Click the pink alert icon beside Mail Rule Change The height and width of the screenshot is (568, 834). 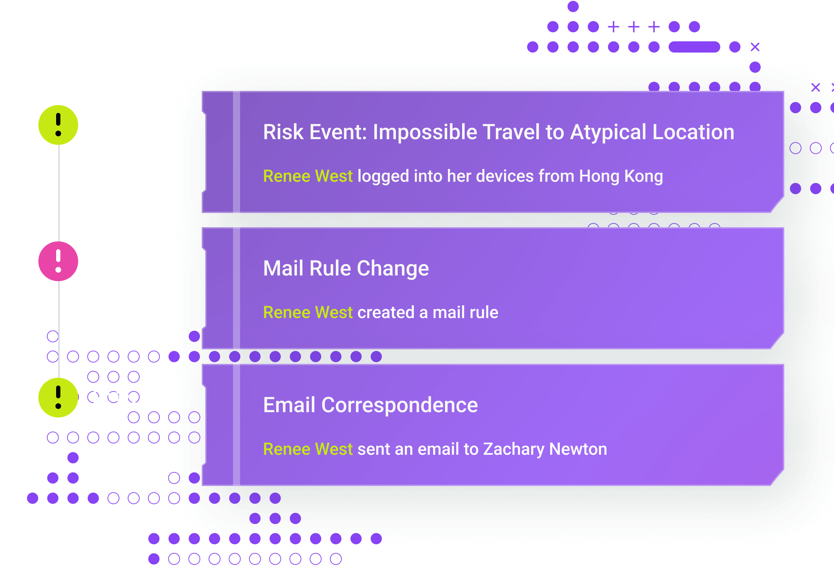click(58, 261)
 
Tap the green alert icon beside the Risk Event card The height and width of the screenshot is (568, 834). click(58, 125)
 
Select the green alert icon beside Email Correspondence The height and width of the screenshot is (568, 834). click(58, 398)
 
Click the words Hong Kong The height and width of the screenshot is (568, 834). click(621, 176)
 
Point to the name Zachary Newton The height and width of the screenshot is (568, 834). click(545, 449)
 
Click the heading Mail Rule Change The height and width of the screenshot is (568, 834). click(346, 269)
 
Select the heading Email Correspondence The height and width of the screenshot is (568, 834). click(370, 405)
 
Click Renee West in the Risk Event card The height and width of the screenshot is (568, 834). click(308, 176)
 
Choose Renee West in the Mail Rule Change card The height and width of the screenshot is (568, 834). click(308, 312)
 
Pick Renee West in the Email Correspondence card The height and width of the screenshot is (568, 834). click(308, 449)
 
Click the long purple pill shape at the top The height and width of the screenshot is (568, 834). click(694, 47)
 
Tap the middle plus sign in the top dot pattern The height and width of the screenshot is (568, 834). click(634, 27)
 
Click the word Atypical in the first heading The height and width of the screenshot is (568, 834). click(608, 132)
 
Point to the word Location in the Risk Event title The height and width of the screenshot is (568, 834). click(693, 132)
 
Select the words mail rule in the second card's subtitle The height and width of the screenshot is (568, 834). click(465, 312)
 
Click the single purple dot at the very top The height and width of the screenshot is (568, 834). click(573, 6)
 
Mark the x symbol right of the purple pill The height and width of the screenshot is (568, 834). click(755, 47)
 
